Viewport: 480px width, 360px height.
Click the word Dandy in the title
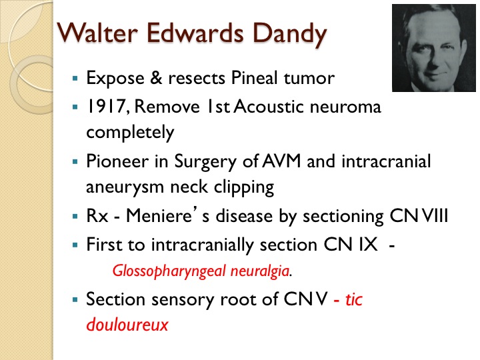[x=290, y=34]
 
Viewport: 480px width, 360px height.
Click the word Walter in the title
[x=97, y=33]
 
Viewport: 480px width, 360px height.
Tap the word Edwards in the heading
[x=195, y=33]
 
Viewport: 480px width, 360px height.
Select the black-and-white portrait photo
[x=434, y=48]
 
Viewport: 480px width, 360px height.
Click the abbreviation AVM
[x=281, y=161]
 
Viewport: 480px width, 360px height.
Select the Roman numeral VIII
[x=435, y=215]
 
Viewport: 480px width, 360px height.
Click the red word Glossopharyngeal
[x=169, y=271]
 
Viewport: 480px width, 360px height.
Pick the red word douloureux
[x=127, y=325]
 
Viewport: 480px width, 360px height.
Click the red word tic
[x=354, y=299]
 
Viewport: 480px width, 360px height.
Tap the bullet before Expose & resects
[x=75, y=79]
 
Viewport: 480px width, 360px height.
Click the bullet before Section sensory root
[x=75, y=300]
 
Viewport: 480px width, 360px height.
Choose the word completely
[x=130, y=133]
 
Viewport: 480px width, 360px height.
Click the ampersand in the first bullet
[x=156, y=78]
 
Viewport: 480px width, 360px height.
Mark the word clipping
[x=244, y=187]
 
